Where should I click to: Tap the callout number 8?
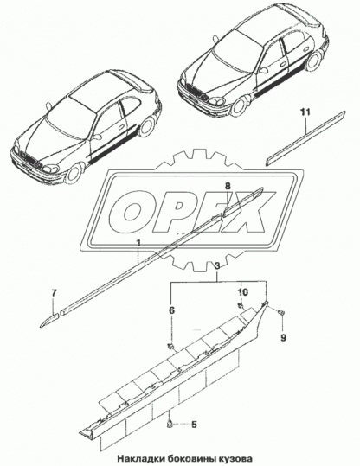(x=228, y=186)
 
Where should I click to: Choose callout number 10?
(x=242, y=291)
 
